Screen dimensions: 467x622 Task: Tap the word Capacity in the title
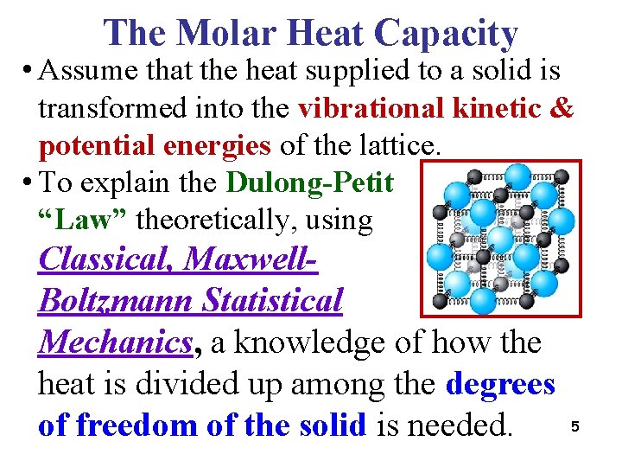[x=446, y=33]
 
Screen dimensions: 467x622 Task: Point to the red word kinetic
[x=500, y=110]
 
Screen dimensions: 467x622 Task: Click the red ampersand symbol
[x=562, y=110]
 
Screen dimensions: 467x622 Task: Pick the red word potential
[x=104, y=146]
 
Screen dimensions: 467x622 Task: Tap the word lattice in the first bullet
[x=397, y=146]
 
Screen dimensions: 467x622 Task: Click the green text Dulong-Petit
[x=310, y=182]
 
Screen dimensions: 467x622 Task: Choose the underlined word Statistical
[x=272, y=300]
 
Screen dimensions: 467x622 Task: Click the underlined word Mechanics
[x=114, y=342]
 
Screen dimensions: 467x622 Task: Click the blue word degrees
[x=500, y=383]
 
